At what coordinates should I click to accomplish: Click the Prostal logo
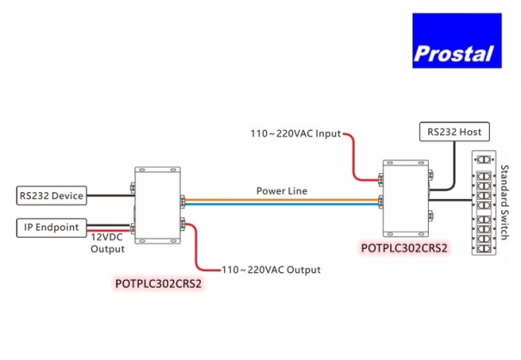pyautogui.click(x=454, y=40)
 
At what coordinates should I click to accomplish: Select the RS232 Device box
pyautogui.click(x=51, y=196)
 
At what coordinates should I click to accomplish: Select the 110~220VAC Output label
pyautogui.click(x=271, y=270)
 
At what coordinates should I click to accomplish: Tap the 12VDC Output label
pyautogui.click(x=108, y=243)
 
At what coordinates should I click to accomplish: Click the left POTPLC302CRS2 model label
pyautogui.click(x=158, y=282)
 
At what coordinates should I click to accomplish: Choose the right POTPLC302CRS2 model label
pyautogui.click(x=404, y=248)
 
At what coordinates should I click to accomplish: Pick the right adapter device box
pyautogui.click(x=406, y=199)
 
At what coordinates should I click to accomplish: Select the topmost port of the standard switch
pyautogui.click(x=487, y=160)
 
